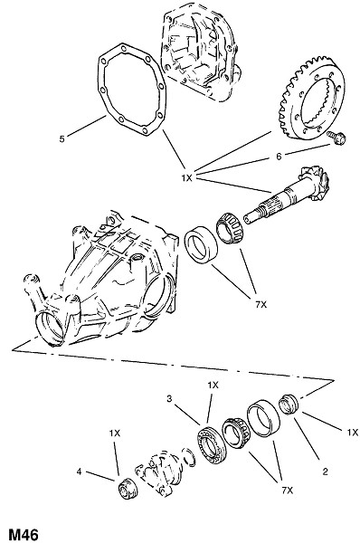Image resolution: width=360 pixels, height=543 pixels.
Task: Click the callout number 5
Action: coord(62,138)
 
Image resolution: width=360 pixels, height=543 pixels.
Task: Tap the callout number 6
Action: coord(279,157)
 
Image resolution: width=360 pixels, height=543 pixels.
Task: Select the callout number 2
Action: coord(325,472)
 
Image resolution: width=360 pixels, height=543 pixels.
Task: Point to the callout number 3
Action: coord(169,399)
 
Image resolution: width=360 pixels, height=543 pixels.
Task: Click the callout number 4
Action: coord(79,472)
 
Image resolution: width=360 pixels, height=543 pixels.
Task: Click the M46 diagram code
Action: coord(23,534)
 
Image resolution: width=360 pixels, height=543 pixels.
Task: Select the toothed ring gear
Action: coord(311,98)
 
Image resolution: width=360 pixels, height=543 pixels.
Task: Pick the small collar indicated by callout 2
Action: coord(289,405)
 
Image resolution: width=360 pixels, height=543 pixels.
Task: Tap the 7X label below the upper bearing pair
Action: coord(261,305)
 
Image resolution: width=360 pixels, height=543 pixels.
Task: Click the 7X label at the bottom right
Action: coord(288,491)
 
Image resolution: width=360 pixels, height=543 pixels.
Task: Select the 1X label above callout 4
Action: coord(115,433)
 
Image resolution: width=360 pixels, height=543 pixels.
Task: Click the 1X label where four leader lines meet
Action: coord(186,178)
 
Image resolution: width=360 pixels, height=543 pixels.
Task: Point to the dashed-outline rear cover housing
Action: coord(199,52)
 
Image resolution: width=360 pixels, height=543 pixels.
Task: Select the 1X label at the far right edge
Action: coord(353,433)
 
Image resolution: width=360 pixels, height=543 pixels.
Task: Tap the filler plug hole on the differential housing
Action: coord(137,258)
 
